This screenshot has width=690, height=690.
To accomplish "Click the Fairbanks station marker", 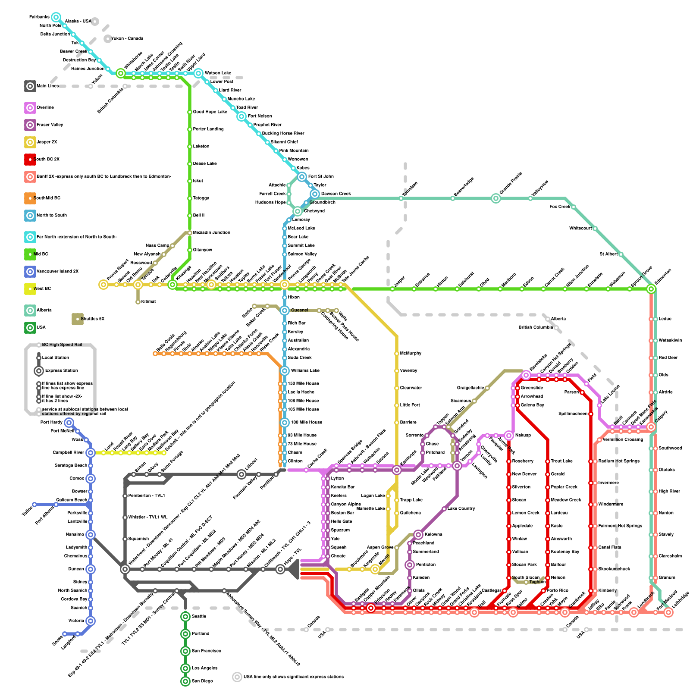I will click(56, 17).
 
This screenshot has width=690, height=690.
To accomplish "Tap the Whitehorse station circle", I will click(121, 73).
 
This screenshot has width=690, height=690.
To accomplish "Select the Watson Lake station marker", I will click(198, 73).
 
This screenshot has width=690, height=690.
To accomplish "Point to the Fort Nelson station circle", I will click(241, 116).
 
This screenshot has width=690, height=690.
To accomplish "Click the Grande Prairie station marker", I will click(496, 198).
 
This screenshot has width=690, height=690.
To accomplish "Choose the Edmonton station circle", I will click(651, 289).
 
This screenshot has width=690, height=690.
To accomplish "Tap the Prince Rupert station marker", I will click(103, 285).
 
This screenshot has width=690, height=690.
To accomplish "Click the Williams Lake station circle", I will click(285, 371).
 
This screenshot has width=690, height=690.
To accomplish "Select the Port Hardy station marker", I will click(69, 423).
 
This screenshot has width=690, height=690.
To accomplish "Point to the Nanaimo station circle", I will click(91, 535).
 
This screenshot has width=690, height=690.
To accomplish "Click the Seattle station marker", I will click(185, 617).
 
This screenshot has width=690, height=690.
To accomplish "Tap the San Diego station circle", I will click(185, 681).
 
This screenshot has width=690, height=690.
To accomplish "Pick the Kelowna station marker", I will click(418, 535).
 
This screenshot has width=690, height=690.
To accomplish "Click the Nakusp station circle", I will click(509, 436).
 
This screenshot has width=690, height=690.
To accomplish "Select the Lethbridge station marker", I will click(668, 612).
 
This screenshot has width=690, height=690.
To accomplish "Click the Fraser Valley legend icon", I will click(30, 125).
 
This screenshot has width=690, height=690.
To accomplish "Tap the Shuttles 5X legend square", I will click(78, 319).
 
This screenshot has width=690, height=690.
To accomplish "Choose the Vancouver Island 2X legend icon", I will click(30, 272).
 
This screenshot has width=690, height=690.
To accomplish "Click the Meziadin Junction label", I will click(211, 233).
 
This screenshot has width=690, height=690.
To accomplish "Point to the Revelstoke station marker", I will click(526, 375).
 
